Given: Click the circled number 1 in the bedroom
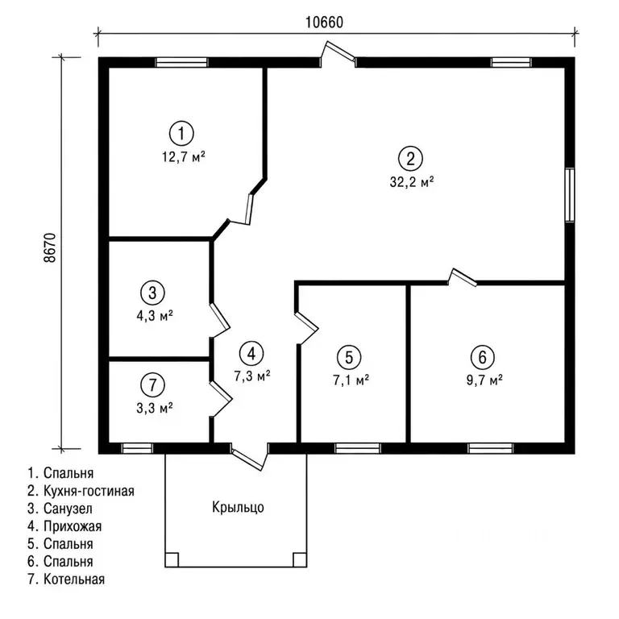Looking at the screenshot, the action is (181, 134).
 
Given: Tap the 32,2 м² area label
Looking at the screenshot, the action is (412, 182).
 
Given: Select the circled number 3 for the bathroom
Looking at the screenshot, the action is (152, 293).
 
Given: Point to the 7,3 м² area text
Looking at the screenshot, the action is (251, 376).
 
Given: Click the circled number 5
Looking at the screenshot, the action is (349, 357).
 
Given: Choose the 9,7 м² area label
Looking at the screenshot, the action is (484, 380).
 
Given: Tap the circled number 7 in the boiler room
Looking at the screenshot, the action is (152, 384).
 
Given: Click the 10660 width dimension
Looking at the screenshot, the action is (324, 23).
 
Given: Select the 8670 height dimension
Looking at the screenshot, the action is (50, 248).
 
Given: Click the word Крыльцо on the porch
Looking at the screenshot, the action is (238, 507).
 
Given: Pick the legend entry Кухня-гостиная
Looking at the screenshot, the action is (81, 491).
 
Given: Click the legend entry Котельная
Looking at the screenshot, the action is (66, 580).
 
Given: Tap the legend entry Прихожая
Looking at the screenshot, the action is (64, 526).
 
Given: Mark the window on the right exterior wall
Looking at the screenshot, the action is (570, 195).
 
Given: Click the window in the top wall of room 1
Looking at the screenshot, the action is (181, 62).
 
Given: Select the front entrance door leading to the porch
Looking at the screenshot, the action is (251, 457).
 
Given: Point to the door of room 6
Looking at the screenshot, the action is (462, 277).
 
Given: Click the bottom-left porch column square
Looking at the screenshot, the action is (172, 560).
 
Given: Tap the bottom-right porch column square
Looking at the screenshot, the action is (300, 560).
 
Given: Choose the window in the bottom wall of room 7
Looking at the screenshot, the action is (137, 448).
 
